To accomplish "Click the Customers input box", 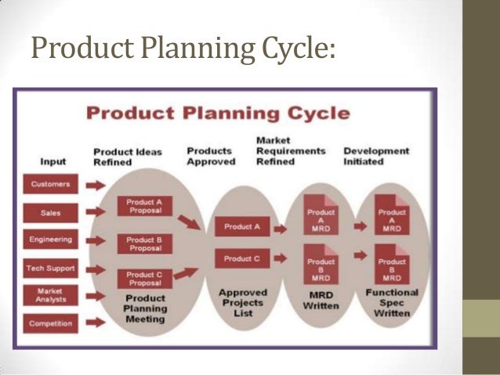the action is pyautogui.click(x=51, y=186).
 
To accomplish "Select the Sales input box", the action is pyautogui.click(x=51, y=212).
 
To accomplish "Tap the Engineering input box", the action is pyautogui.click(x=51, y=240).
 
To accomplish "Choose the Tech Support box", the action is pyautogui.click(x=51, y=268).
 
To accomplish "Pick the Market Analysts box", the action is pyautogui.click(x=51, y=295).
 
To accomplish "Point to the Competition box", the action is pyautogui.click(x=51, y=323).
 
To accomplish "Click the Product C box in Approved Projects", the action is pyautogui.click(x=242, y=258).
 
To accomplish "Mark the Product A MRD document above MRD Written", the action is pyautogui.click(x=321, y=220).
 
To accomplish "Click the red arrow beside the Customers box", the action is pyautogui.click(x=95, y=186).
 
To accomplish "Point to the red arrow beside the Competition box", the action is pyautogui.click(x=95, y=323).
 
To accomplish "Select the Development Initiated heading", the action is pyautogui.click(x=376, y=156).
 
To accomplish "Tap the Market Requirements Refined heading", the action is pyautogui.click(x=290, y=150).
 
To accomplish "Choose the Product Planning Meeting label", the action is pyautogui.click(x=145, y=308).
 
